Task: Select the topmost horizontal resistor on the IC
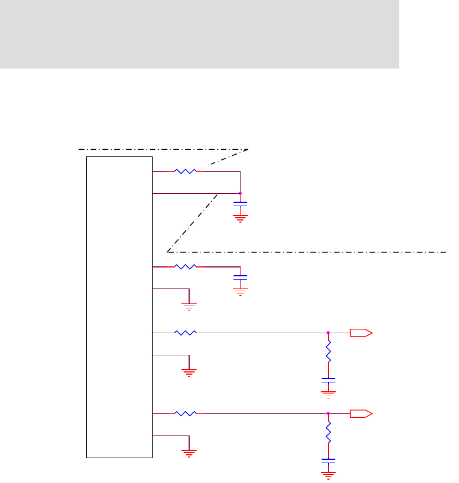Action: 185,171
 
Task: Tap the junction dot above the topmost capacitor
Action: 240,193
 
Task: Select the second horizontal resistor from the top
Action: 185,267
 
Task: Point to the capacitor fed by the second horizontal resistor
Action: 240,276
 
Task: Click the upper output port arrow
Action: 361,333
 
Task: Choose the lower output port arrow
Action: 361,413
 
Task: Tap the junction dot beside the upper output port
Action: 328,333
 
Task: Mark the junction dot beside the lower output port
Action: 328,413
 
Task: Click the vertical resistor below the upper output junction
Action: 328,350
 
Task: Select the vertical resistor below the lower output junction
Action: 328,431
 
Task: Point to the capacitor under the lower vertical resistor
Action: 328,460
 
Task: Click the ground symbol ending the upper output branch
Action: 328,394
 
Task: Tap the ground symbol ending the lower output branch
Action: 328,474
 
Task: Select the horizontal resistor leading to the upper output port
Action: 185,333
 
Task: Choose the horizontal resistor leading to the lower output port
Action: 185,413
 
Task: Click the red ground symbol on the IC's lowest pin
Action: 189,452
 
